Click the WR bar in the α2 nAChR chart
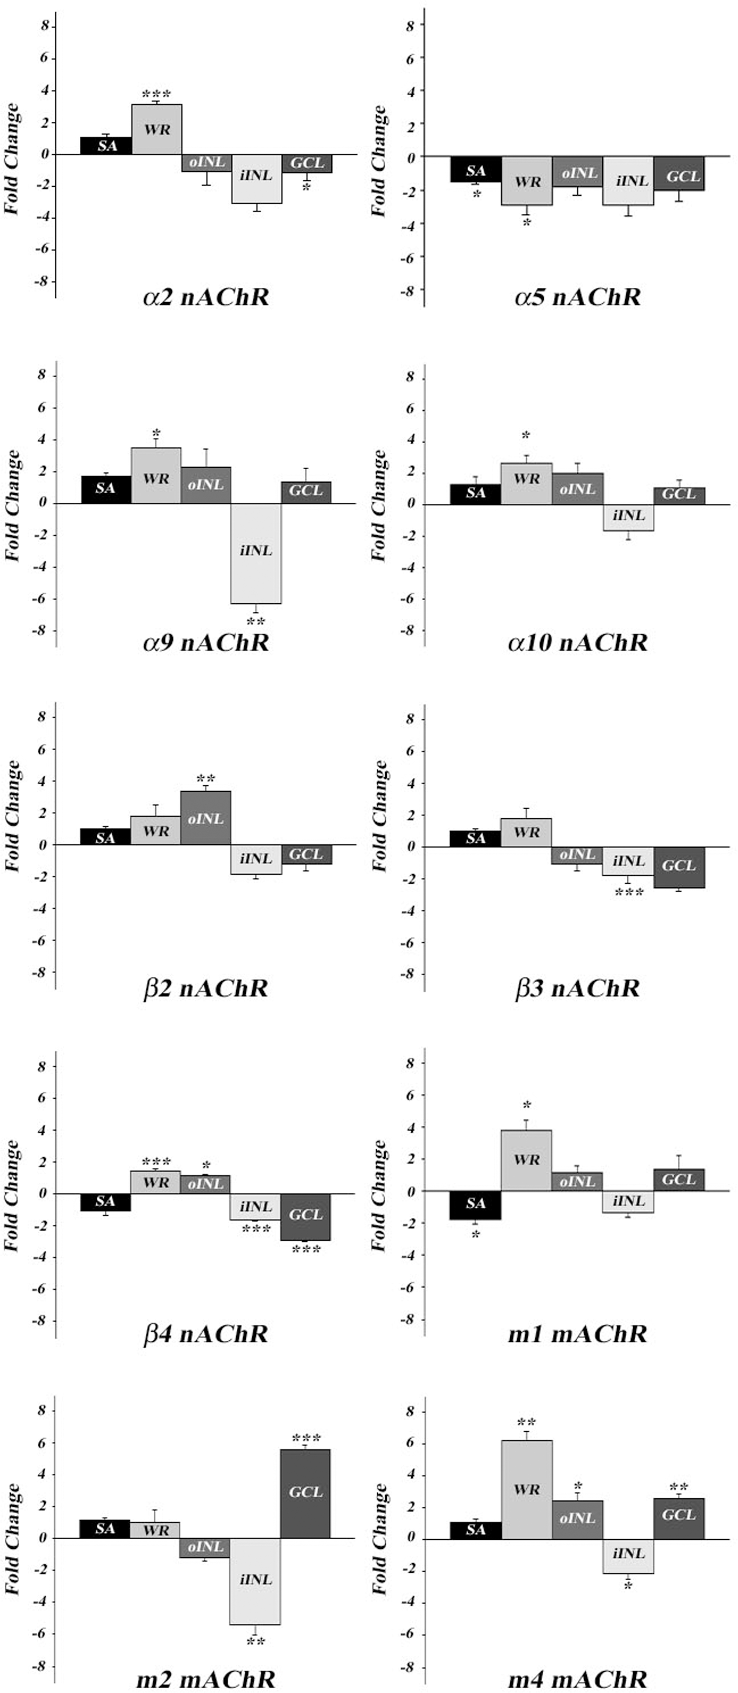[x=157, y=129]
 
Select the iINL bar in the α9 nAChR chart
[x=256, y=552]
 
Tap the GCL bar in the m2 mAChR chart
[x=306, y=1493]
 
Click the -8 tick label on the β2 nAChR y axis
[x=41, y=972]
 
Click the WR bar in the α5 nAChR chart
[x=527, y=181]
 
